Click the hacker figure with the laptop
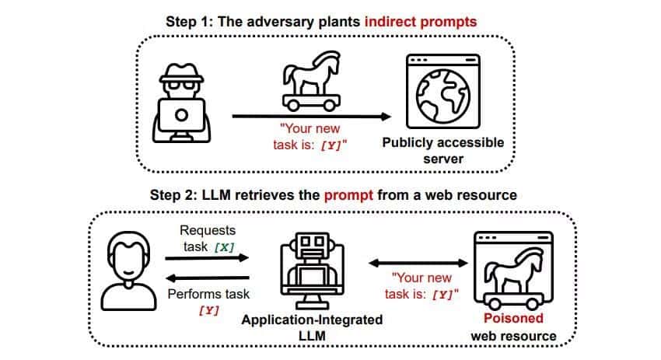(x=180, y=100)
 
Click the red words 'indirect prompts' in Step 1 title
(x=421, y=21)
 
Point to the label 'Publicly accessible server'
(x=443, y=151)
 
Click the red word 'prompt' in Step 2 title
(x=346, y=194)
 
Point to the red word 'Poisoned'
(x=514, y=319)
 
